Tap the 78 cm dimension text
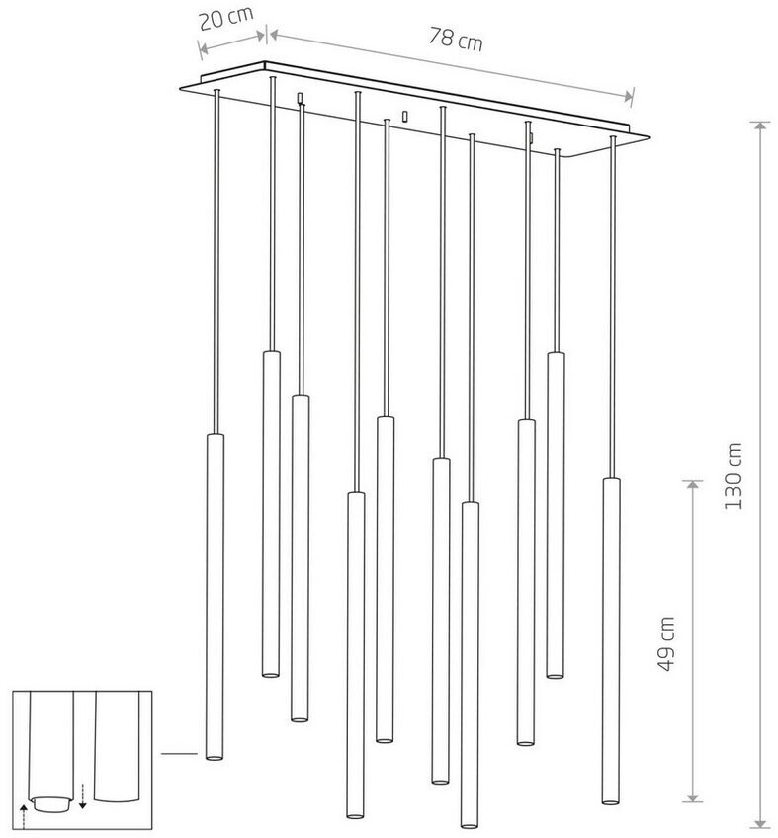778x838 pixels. (x=456, y=39)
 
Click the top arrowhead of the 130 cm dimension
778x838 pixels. (x=759, y=126)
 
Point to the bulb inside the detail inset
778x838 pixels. (x=50, y=801)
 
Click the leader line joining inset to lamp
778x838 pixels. (x=178, y=754)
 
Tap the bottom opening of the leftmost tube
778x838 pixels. (x=213, y=757)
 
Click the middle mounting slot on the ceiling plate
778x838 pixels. (x=404, y=117)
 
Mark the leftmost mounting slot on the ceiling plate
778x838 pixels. (x=300, y=97)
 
